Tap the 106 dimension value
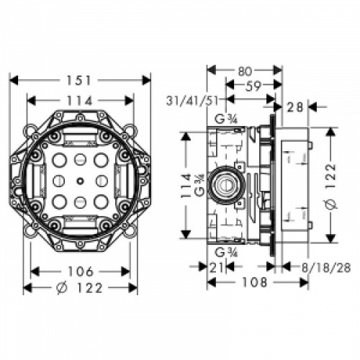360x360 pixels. click(80, 271)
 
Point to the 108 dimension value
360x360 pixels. click(251, 283)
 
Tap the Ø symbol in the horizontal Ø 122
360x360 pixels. click(63, 288)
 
